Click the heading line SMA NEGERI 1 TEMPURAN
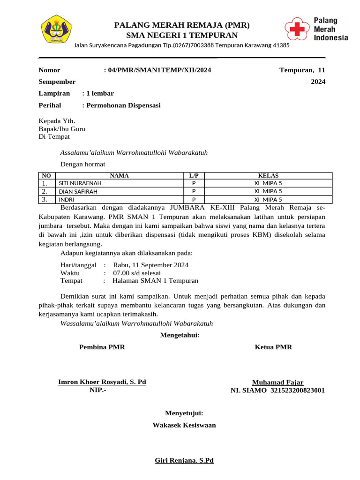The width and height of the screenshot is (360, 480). pos(182,36)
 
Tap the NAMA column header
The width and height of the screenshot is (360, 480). pos(119,176)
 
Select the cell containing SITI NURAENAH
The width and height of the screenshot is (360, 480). pos(80,183)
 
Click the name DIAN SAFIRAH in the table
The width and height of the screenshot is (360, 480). pos(78,191)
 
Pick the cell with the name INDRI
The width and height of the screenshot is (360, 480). pos(66,199)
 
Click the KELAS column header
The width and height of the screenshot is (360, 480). pos(268,176)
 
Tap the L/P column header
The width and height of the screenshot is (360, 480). pos(194,176)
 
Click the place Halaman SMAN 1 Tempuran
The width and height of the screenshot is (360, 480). pos(155,281)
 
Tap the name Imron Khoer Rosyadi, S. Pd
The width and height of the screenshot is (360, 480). pos(102,382)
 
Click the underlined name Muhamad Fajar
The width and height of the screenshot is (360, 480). pos(277,382)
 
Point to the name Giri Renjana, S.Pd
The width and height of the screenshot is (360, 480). pos(184,460)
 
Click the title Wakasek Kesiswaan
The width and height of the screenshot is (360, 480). pos(184,425)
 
